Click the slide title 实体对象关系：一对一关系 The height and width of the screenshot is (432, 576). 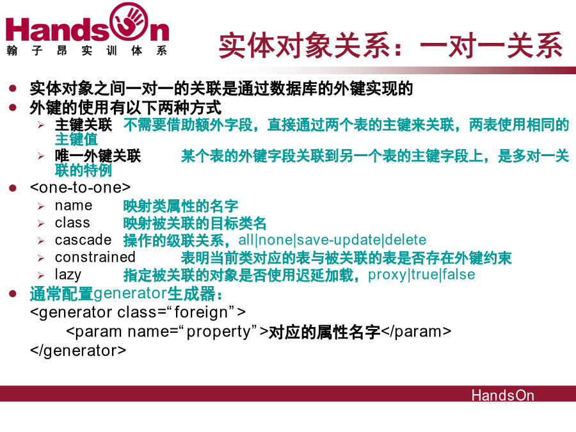coord(390,45)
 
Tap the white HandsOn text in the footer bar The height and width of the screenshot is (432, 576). coord(502,396)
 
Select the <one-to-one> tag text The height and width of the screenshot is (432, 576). coord(80,188)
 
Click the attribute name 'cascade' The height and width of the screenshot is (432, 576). coord(83,240)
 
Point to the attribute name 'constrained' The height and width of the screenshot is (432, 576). coord(95,257)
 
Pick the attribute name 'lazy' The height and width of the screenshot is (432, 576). coord(68,275)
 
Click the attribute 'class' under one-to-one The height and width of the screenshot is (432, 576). coord(72,223)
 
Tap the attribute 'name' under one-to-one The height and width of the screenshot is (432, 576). coord(74,205)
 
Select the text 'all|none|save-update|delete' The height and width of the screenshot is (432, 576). coord(332,240)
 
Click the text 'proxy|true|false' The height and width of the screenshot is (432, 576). coord(421,275)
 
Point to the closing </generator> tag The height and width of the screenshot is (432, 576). coord(78,351)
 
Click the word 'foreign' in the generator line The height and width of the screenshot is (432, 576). coord(202,312)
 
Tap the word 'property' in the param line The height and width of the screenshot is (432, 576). coord(219,332)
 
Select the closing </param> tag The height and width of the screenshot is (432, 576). coord(416,332)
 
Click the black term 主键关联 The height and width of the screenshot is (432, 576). coord(83,125)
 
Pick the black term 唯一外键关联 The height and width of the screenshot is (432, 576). coord(98,156)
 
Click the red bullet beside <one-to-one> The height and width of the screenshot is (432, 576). coord(13,188)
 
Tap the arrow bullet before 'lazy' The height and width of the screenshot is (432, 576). coord(40,275)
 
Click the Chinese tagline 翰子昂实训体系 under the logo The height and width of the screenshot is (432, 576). coord(86,51)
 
